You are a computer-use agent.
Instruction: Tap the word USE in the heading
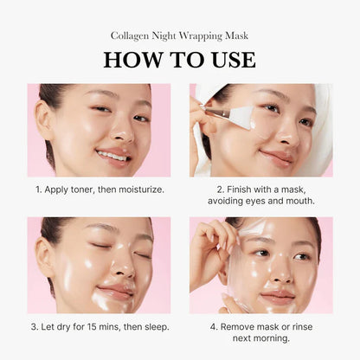click(228, 60)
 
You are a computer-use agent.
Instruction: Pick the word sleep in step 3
click(151, 327)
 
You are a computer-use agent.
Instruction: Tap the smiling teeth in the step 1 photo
click(112, 156)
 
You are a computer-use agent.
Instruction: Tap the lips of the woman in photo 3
click(115, 292)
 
